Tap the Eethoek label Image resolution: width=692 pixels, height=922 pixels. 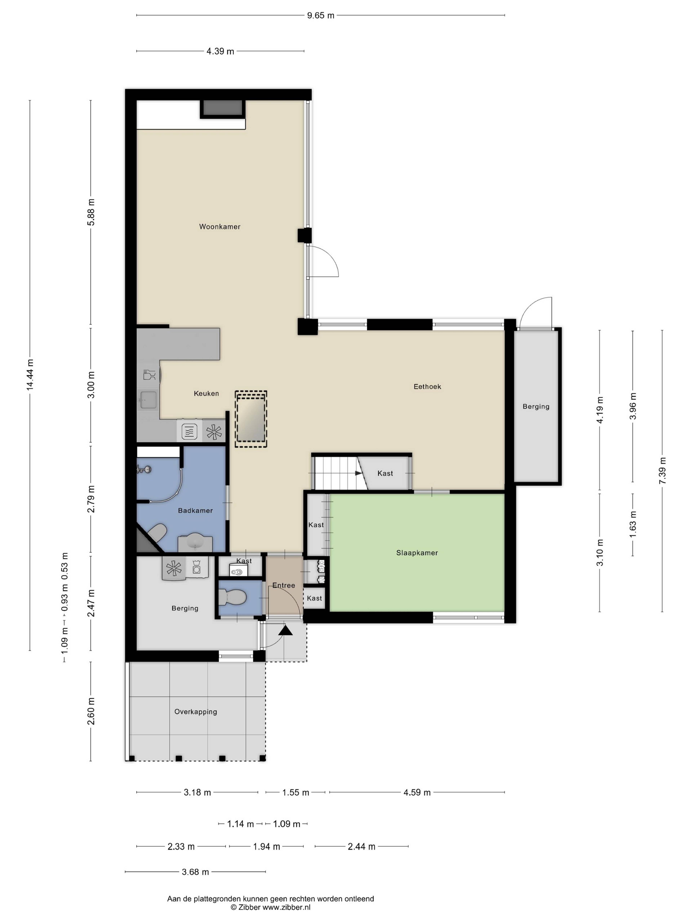[x=427, y=387]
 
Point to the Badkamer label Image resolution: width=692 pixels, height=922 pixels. [x=195, y=511]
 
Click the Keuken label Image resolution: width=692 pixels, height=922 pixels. [x=206, y=393]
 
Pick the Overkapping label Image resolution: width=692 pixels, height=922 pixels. [x=196, y=712]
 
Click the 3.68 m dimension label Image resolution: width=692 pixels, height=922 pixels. [x=195, y=872]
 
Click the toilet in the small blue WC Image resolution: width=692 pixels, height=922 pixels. [x=231, y=597]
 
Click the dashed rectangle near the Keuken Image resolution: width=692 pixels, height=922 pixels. [x=251, y=419]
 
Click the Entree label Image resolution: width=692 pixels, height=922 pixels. [x=284, y=586]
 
